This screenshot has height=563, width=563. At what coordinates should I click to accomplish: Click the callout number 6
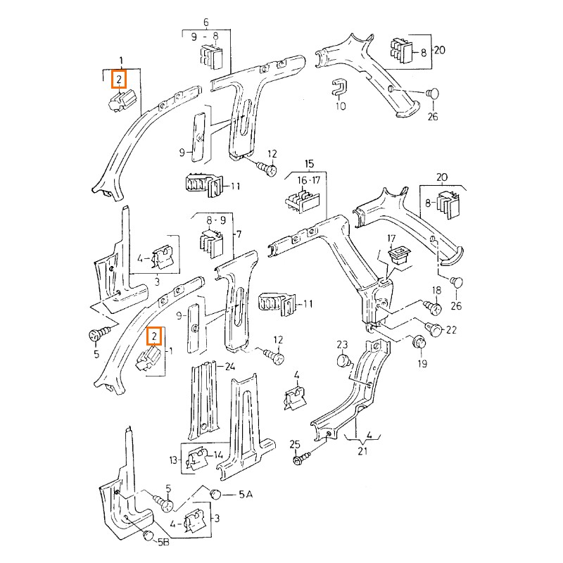pyautogui.click(x=205, y=23)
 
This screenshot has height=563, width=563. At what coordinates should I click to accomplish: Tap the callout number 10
pyautogui.click(x=341, y=107)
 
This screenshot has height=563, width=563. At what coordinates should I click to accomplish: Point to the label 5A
pyautogui.click(x=244, y=495)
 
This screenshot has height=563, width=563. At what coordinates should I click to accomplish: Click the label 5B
pyautogui.click(x=163, y=543)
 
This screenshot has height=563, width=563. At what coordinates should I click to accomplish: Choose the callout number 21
pyautogui.click(x=362, y=451)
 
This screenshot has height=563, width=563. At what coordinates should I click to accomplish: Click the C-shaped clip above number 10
pyautogui.click(x=339, y=87)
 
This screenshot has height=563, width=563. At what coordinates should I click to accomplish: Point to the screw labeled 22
pyautogui.click(x=434, y=329)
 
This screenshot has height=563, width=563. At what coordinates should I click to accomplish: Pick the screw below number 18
pyautogui.click(x=434, y=308)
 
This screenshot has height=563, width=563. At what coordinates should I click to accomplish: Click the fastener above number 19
pyautogui.click(x=418, y=343)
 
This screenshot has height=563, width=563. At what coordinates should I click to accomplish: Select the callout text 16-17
pyautogui.click(x=306, y=181)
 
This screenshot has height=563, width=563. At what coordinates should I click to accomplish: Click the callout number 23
pyautogui.click(x=342, y=344)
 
